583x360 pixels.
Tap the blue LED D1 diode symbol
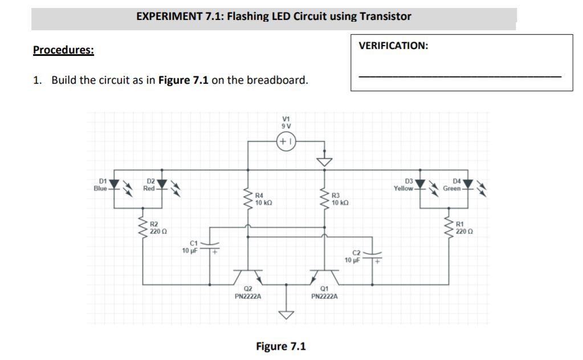[115, 184]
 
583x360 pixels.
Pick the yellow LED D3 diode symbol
[420, 184]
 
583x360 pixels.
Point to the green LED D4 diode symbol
[468, 184]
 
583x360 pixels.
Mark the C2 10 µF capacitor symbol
[373, 255]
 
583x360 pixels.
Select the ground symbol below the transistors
[287, 313]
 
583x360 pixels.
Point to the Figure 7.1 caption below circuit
[281, 346]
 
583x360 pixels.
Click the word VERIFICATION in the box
[393, 46]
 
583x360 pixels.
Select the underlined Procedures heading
[63, 50]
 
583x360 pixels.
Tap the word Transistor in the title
[385, 16]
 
